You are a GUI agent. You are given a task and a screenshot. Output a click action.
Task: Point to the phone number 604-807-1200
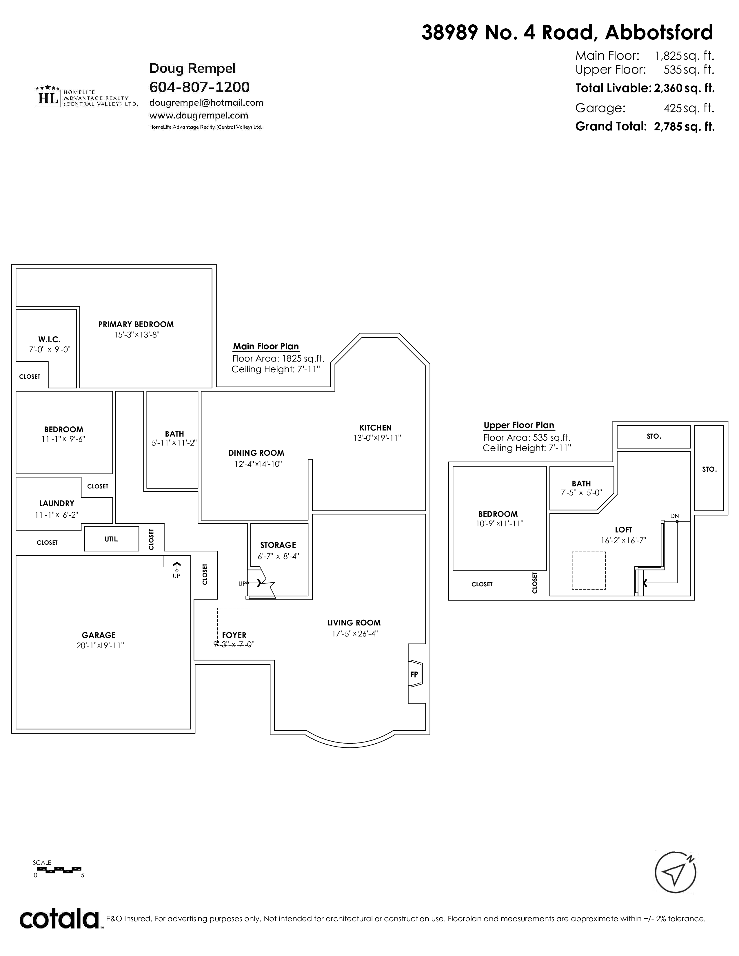click(x=200, y=87)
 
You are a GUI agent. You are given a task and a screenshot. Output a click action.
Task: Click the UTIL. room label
click(x=112, y=539)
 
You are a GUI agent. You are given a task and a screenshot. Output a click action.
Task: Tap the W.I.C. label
click(x=49, y=339)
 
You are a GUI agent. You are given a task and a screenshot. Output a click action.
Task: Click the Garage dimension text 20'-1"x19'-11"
click(x=100, y=646)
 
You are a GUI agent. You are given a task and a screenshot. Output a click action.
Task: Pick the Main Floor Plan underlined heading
click(x=266, y=346)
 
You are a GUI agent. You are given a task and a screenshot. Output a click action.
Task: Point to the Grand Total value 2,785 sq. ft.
click(x=684, y=127)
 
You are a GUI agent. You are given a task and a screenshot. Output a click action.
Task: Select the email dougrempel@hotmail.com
click(x=206, y=103)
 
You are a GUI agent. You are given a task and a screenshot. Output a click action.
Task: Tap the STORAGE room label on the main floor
click(x=278, y=545)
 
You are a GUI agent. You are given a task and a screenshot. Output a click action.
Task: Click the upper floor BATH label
click(x=581, y=484)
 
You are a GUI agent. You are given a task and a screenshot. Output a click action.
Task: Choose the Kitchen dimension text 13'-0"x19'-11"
click(x=377, y=438)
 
